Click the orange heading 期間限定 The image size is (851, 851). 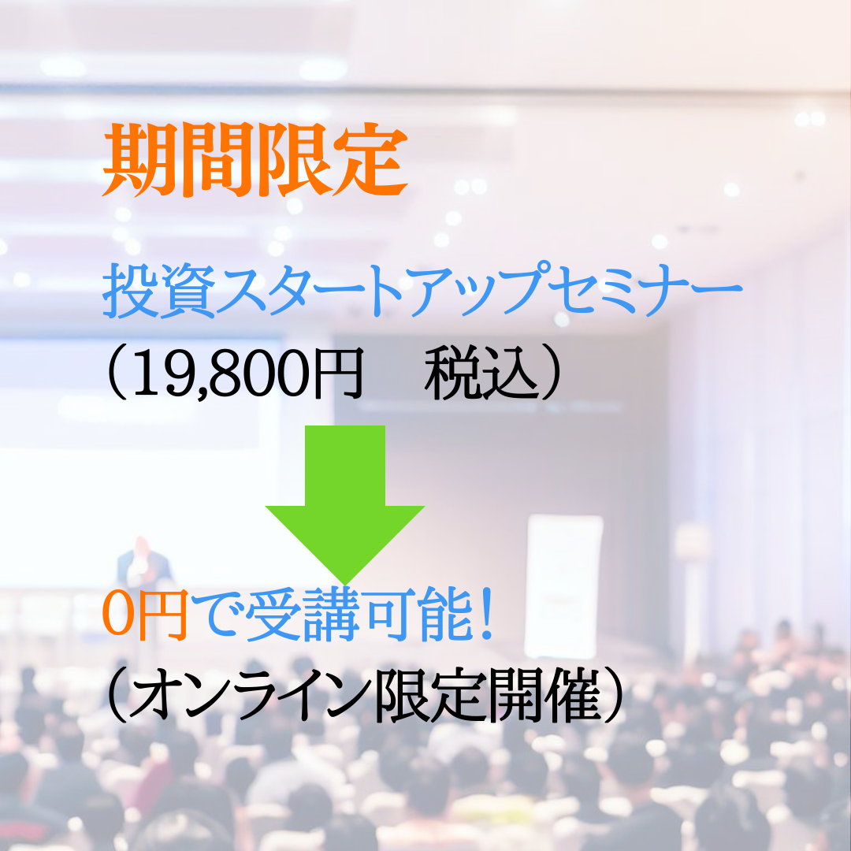click(x=255, y=159)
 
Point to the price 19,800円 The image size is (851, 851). click(x=247, y=373)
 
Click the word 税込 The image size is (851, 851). click(x=481, y=373)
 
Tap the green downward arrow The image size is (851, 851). click(x=344, y=505)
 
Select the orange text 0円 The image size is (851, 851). click(x=145, y=614)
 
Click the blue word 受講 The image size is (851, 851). click(x=303, y=614)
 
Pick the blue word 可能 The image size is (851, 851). click(x=418, y=614)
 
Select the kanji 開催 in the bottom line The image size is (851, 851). click(x=544, y=695)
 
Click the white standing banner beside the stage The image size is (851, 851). click(x=564, y=586)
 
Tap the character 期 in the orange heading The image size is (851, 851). click(x=140, y=159)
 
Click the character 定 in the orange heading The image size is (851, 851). click(x=370, y=159)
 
